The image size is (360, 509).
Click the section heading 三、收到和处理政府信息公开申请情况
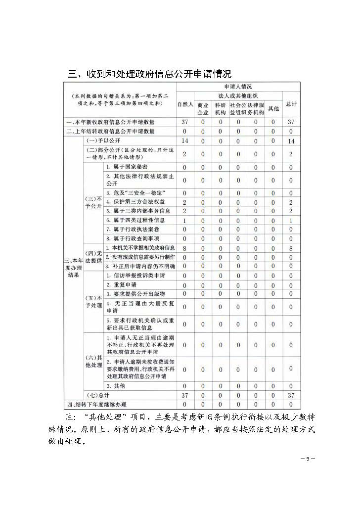(x=149, y=75)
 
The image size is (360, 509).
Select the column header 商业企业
(x=203, y=108)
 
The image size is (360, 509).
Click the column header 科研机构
(x=221, y=108)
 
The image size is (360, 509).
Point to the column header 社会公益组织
(x=238, y=108)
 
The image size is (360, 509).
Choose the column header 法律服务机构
(x=256, y=108)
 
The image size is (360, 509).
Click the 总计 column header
(x=291, y=104)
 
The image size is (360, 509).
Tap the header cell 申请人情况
(x=238, y=87)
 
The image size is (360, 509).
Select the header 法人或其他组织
(x=238, y=95)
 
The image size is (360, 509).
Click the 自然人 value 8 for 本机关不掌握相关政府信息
(x=185, y=248)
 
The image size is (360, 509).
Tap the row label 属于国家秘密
(x=127, y=167)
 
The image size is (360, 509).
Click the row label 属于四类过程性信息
(x=135, y=220)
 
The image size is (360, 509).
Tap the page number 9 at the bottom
(x=307, y=459)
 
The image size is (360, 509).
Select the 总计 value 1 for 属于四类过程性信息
(x=291, y=220)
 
